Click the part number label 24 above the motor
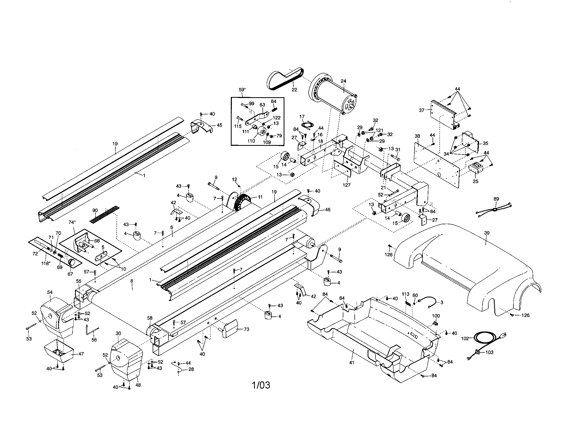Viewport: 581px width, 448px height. click(343, 81)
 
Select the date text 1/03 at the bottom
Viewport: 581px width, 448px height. click(261, 385)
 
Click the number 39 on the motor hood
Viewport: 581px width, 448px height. click(486, 233)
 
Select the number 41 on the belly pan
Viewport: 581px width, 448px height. click(352, 363)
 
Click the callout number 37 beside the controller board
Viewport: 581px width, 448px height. click(422, 110)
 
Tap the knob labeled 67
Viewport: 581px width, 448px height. click(72, 262)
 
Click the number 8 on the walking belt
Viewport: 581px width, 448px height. click(132, 281)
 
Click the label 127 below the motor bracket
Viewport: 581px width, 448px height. click(347, 185)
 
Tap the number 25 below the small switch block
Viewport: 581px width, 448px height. click(475, 181)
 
